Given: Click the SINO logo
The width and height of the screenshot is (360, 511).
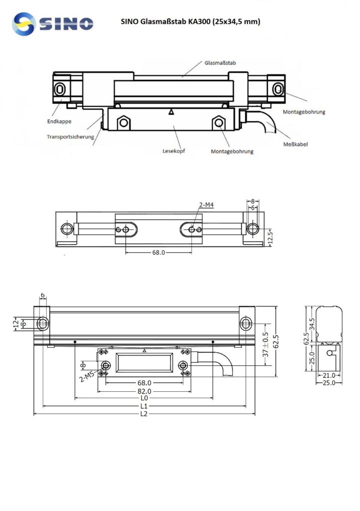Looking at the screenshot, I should click(53, 23).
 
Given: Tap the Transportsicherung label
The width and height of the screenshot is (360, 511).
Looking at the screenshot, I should click(70, 136).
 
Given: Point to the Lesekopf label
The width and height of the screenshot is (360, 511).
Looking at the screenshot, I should click(174, 150).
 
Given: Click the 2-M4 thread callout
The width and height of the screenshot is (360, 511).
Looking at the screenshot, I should click(206, 205).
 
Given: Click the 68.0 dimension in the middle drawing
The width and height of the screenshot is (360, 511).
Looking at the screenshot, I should click(158, 253).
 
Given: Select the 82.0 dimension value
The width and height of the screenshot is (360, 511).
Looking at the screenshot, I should click(144, 391).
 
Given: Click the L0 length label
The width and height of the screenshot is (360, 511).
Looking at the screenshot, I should click(144, 399).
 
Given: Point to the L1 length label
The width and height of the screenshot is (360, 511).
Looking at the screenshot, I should click(144, 406).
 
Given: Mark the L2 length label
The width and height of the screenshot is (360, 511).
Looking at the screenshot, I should click(144, 414).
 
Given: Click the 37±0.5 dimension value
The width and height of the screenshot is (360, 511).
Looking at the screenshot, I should click(266, 345).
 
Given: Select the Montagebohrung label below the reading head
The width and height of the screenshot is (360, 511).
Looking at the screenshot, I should click(232, 151).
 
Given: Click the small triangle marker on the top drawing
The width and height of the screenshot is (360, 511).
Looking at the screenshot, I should click(172, 112).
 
